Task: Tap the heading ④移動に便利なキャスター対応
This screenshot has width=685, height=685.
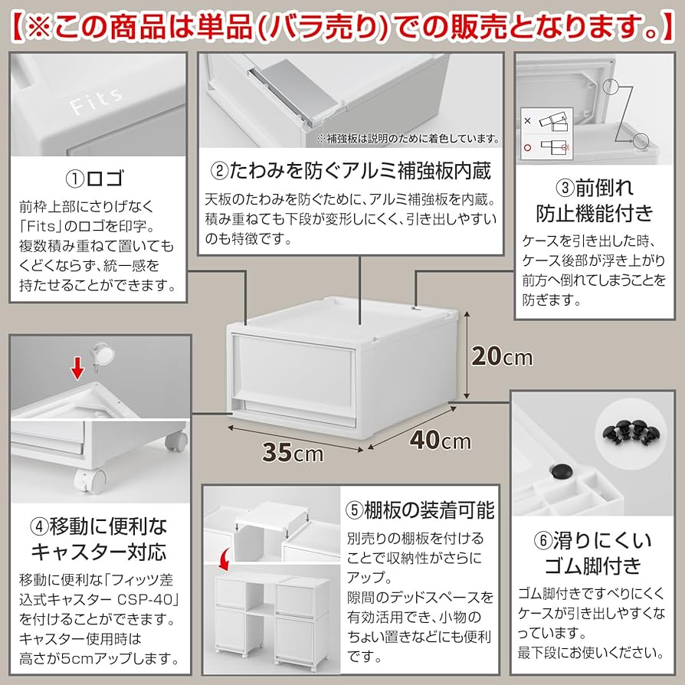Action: click(x=98, y=539)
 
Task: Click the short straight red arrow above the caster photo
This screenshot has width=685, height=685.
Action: click(x=77, y=372)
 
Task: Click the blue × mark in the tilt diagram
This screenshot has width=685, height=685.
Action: click(x=526, y=120)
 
